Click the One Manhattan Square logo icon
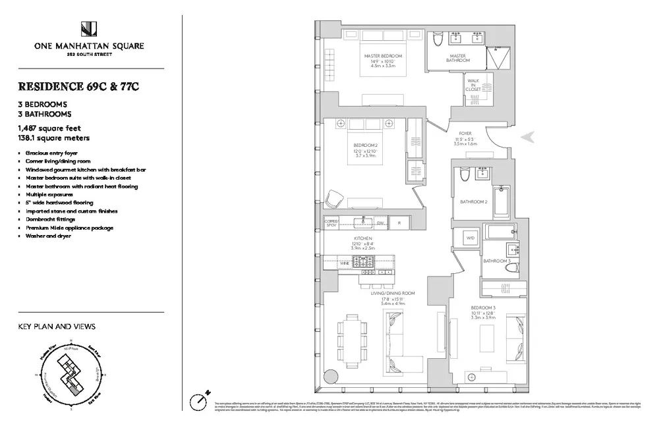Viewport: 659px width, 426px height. [90, 29]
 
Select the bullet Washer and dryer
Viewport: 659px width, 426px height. [48, 236]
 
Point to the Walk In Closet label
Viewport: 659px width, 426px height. [473, 84]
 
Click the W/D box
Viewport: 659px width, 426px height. [471, 238]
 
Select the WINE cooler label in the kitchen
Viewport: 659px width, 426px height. [345, 263]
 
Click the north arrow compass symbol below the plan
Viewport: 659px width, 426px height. [197, 400]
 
